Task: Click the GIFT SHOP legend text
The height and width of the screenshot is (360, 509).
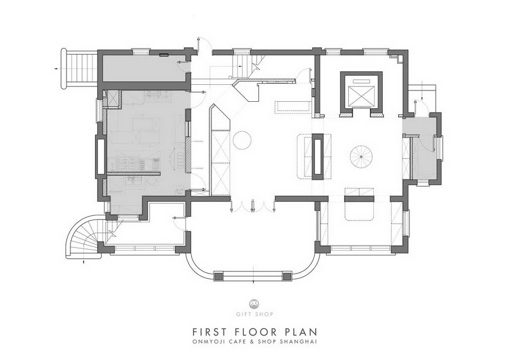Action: tap(254, 314)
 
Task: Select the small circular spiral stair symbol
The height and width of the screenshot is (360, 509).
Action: tap(361, 157)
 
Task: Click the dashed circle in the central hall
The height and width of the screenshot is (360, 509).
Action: tap(242, 139)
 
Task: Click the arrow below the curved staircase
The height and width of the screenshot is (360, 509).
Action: tap(84, 261)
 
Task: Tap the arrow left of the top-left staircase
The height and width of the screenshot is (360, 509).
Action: tap(57, 69)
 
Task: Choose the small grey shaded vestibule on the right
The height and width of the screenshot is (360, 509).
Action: tap(422, 147)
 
